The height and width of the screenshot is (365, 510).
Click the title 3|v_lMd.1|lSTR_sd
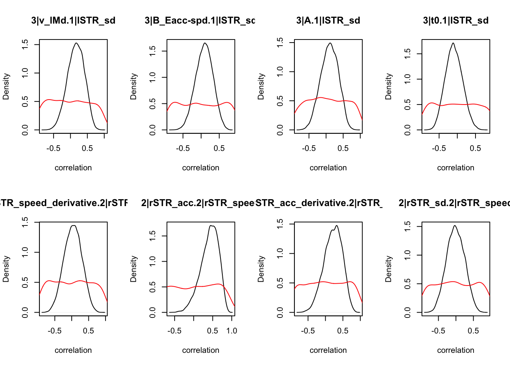pos(73,21)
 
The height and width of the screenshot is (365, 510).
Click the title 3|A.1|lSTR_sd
pos(328,21)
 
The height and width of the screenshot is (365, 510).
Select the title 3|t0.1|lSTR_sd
pos(456,21)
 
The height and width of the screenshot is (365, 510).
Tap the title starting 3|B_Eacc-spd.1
pos(200,21)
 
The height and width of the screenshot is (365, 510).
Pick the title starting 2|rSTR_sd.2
pos(454,203)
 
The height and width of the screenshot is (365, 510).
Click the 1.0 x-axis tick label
pos(231,331)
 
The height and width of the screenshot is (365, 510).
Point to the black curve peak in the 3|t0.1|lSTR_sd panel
pos(453,43)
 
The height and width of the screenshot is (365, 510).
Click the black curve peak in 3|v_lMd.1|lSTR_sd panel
pos(77,43)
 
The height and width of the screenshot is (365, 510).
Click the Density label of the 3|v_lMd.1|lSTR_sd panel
pos(6,87)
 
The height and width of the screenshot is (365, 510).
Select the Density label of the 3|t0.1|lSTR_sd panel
pos(389,87)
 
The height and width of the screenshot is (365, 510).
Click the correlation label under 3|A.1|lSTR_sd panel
pos(328,168)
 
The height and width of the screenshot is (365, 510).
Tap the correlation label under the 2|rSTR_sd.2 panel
pos(456,350)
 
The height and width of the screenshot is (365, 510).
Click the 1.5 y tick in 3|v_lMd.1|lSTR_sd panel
pos(25,44)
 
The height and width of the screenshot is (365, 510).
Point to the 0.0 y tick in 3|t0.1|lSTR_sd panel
pos(408,130)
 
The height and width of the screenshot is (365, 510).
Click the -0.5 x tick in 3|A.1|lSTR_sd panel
pos(309,148)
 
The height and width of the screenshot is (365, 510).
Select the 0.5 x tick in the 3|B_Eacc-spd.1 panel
pos(219,148)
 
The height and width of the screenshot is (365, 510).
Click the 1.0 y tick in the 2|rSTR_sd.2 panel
pos(408,255)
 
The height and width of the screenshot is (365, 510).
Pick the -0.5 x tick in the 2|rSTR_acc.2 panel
pos(175,331)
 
